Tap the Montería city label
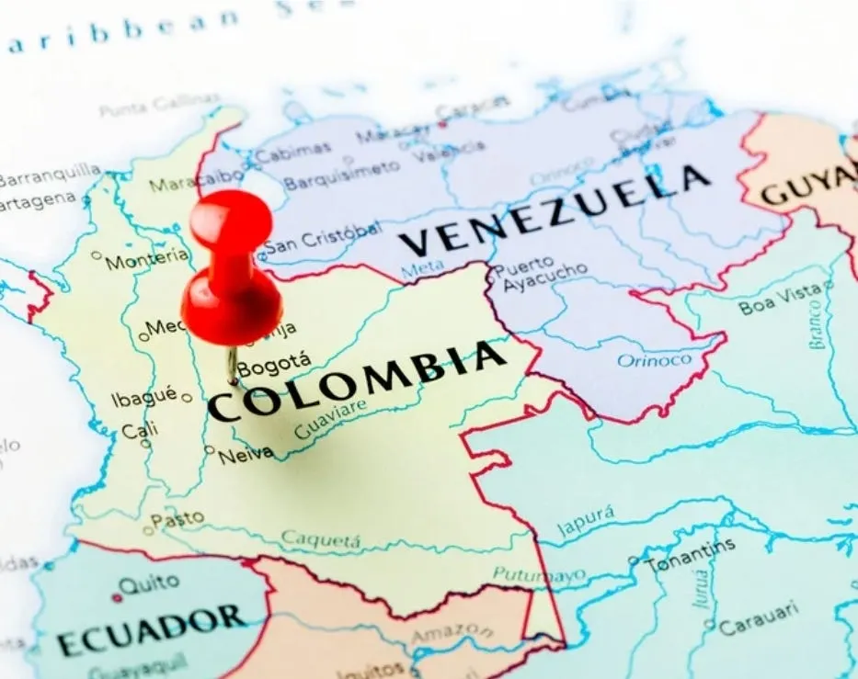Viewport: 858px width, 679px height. (146, 260)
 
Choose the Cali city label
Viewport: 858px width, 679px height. (139, 430)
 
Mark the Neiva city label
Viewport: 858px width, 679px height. (246, 453)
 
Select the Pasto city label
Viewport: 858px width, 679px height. (177, 519)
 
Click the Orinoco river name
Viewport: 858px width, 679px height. (654, 359)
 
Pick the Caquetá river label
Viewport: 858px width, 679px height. (320, 538)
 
